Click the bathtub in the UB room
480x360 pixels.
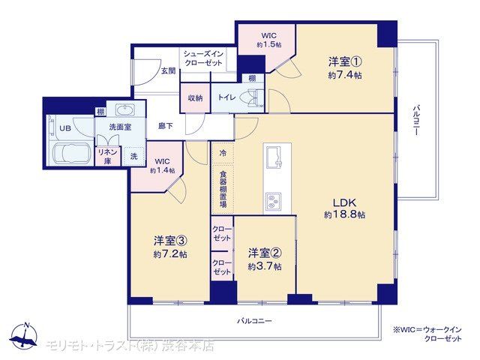pos(71,154)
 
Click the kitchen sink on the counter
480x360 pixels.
pos(274,156)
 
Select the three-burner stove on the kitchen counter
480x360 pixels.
pos(273,202)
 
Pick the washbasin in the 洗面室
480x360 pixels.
pos(124,109)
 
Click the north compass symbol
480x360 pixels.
pos(23,337)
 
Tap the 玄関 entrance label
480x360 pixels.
pos(168,71)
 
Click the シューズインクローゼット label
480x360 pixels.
pos(203,58)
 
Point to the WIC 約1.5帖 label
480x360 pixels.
pos(268,40)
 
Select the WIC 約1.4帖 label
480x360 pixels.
pos(162,166)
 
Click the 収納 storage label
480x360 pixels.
pos(195,98)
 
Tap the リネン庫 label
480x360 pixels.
pos(107,157)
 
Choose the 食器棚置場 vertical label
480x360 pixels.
pos(223,189)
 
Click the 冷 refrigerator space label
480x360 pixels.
pos(223,152)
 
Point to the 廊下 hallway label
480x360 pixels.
pos(166,126)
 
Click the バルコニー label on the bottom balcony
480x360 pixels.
pos(254,321)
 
